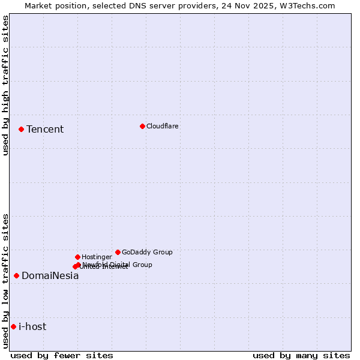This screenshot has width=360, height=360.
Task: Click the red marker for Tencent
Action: pos(21,129)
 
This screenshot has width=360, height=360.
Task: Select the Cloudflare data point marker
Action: pos(142,126)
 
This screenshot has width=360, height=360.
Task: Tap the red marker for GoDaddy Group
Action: pos(118,252)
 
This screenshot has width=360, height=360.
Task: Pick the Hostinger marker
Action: pos(77,257)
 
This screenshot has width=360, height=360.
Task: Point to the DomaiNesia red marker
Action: pos(16,275)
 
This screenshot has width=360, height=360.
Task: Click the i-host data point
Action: pos(13,326)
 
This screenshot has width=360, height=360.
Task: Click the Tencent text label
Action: pos(45,129)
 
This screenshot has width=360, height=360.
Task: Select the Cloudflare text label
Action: pos(162,126)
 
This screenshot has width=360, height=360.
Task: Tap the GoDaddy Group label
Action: pos(147,252)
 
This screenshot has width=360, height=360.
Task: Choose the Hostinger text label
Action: pos(97,257)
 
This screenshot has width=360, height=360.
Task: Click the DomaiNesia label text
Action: pos(50,276)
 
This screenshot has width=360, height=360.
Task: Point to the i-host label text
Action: pos(32,326)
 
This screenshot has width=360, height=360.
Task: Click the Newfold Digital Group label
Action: pos(118,264)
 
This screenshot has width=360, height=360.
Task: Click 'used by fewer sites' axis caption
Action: pos(62,355)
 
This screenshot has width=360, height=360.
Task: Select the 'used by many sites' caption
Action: pos(301,355)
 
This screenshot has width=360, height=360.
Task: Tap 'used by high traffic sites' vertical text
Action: pos(5,85)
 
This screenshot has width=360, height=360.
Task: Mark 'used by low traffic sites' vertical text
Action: pos(5,281)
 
